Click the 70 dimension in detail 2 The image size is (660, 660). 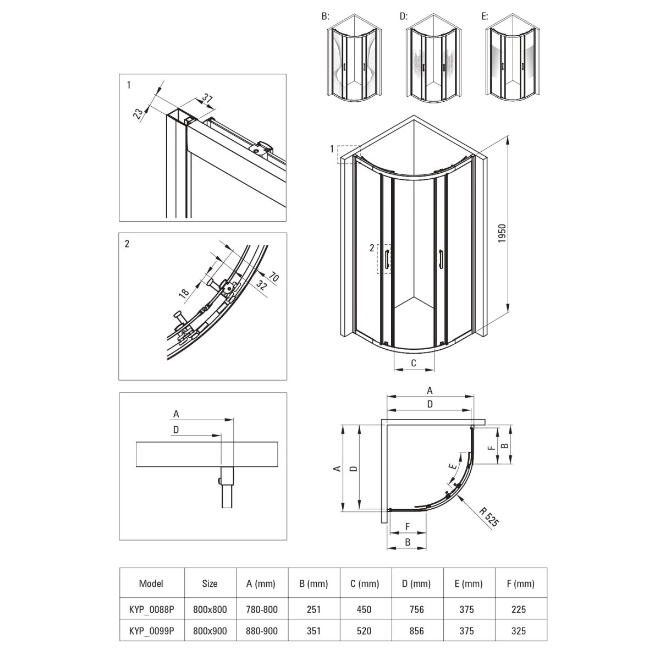[x=273, y=276]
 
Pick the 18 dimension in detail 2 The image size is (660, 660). [x=184, y=292]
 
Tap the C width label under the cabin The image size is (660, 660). [x=414, y=363]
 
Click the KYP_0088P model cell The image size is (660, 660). [x=151, y=609]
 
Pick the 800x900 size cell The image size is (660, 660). [x=210, y=631]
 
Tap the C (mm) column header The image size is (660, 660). [x=364, y=584]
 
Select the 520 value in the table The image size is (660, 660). [x=364, y=631]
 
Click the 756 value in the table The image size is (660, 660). [x=416, y=609]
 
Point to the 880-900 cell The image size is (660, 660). [x=262, y=631]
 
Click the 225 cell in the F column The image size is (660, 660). [x=518, y=609]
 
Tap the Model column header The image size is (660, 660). [x=151, y=584]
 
